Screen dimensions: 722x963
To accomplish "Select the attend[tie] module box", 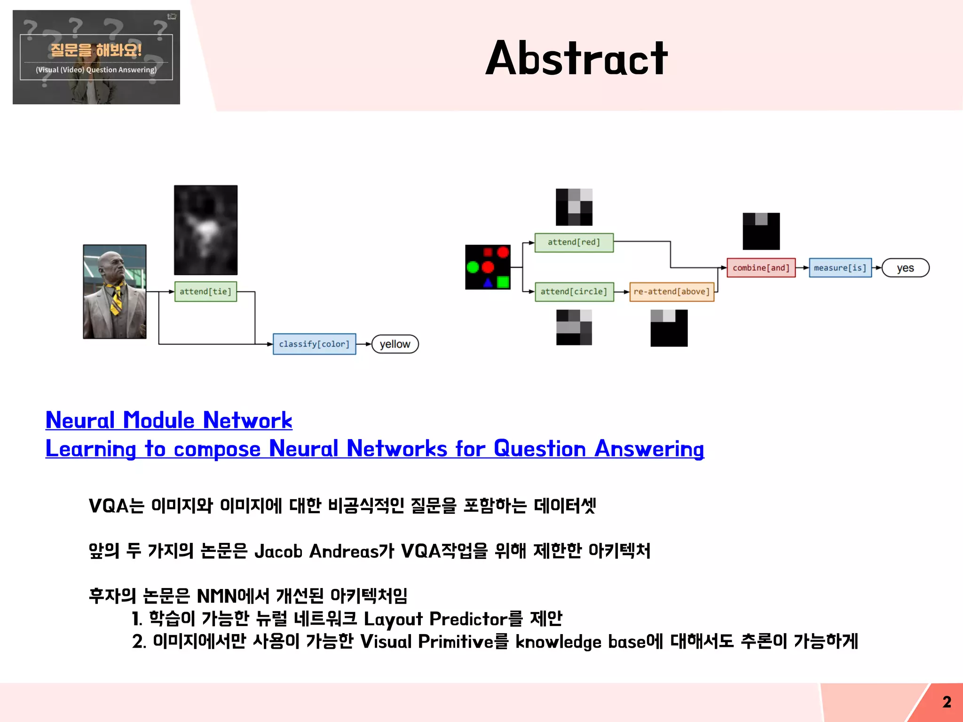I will [x=205, y=291].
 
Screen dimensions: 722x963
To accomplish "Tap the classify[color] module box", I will [x=314, y=344].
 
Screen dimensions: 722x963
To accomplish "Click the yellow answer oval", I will [x=395, y=344].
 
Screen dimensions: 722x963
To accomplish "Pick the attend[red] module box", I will [x=574, y=243].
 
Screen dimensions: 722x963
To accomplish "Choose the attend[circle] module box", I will [x=574, y=291].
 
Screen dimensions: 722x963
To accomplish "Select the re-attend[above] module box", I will [x=671, y=291].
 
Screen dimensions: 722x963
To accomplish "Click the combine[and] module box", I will [x=761, y=268].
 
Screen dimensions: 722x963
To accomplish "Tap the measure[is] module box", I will [x=840, y=268].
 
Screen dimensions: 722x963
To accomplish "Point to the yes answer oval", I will [x=905, y=268].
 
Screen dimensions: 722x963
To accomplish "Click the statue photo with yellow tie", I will [x=115, y=291].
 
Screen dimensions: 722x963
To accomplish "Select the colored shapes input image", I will [x=488, y=267].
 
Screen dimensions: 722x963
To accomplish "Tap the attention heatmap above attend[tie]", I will [x=205, y=230].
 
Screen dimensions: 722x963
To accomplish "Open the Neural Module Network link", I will [x=169, y=420].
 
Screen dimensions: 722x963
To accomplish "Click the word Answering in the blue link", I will [x=649, y=449].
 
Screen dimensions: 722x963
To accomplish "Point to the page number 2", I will [x=947, y=702].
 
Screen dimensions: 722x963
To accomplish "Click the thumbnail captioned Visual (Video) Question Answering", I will [x=96, y=57].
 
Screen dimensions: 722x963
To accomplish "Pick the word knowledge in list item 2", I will [x=558, y=642].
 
